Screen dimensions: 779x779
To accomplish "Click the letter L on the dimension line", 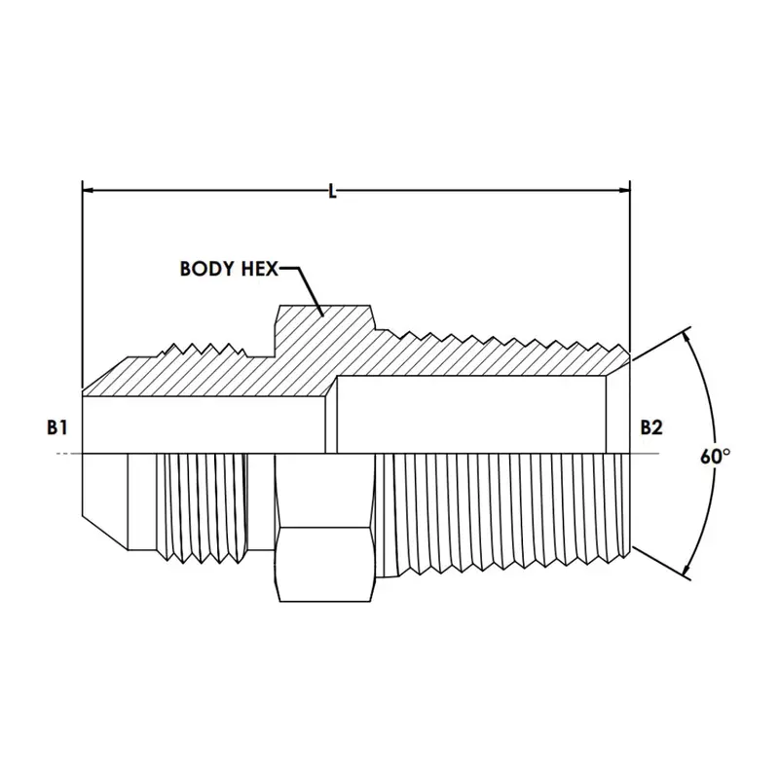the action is [x=332, y=191].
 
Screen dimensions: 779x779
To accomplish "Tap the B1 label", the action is [x=57, y=427].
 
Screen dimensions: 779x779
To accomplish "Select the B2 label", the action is [x=650, y=427].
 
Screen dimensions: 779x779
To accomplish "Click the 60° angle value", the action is [x=715, y=456].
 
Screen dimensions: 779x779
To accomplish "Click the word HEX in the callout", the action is [x=259, y=269].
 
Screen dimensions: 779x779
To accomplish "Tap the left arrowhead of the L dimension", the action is [x=89, y=190].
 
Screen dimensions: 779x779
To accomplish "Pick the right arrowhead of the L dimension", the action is [x=623, y=190].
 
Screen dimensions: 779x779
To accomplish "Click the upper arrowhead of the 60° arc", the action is [x=687, y=338].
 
